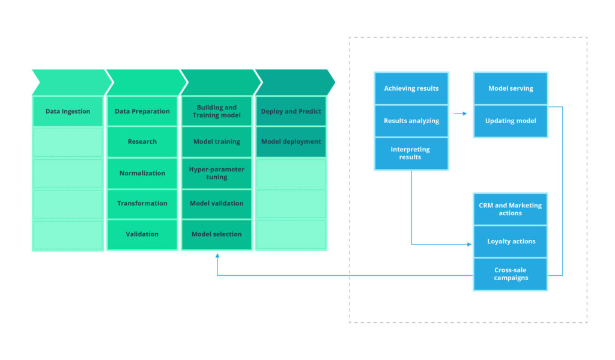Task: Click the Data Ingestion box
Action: point(68,111)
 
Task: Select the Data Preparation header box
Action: point(142,111)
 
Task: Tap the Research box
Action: point(142,142)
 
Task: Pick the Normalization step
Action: point(142,173)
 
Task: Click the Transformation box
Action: point(142,204)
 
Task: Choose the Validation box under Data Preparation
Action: point(142,234)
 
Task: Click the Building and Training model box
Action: point(217,111)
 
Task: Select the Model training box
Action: point(217,142)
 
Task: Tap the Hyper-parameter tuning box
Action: point(217,173)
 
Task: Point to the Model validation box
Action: point(217,204)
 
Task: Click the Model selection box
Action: point(217,234)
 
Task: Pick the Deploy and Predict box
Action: point(291,111)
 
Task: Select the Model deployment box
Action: point(291,142)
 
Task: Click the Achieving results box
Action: point(411,89)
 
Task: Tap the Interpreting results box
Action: point(411,153)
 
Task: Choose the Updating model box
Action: point(510,121)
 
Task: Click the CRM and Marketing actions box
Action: point(510,209)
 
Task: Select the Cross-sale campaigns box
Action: point(510,274)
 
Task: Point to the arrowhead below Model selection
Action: point(217,255)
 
